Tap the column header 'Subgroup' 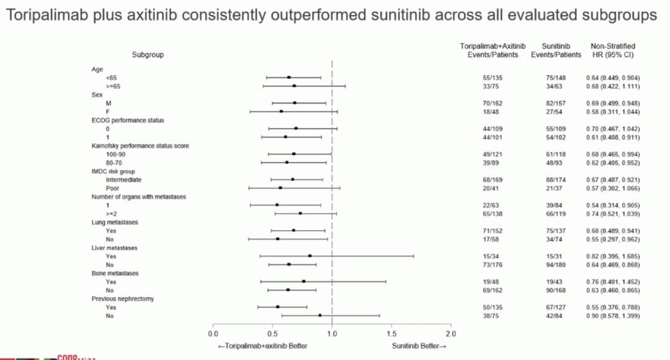click(148, 55)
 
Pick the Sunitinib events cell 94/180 click(556, 264)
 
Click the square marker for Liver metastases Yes click(310, 256)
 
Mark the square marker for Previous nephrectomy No click(319, 315)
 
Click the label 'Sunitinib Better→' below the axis click(419, 345)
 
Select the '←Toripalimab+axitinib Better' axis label click(262, 345)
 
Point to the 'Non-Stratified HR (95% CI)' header click(612, 50)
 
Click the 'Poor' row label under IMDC click(113, 188)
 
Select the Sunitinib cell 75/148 click(556, 78)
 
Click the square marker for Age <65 click(289, 78)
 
